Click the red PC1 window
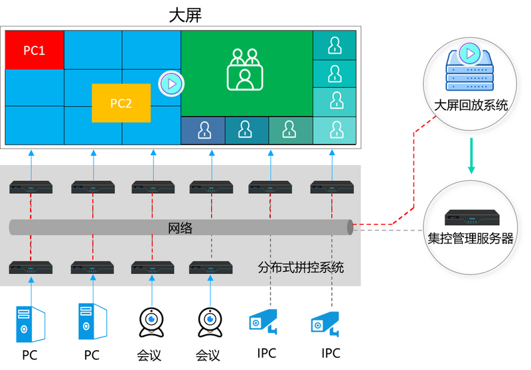pos(35,50)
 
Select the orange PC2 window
pos(121,103)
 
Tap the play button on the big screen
pos(171,84)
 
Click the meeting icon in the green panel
pos(245,69)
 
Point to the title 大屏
pos(185,15)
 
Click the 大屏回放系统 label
pos(471,105)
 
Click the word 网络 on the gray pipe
pos(180,228)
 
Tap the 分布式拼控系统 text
pos(301,268)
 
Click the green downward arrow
pos(471,156)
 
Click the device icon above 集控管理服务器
pos(471,217)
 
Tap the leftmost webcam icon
pos(151,323)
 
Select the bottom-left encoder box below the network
pos(31,268)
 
